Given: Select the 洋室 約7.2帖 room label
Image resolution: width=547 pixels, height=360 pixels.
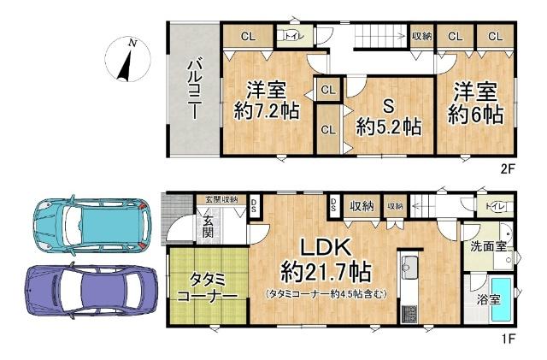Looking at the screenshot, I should [x=267, y=101].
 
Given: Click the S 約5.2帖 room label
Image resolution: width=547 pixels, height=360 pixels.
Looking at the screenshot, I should [x=387, y=117].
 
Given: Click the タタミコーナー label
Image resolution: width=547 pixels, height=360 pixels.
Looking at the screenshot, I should [x=208, y=288].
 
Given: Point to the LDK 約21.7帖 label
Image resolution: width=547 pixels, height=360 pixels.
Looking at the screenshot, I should [x=325, y=261].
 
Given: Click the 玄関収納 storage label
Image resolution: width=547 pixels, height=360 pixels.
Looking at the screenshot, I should [x=220, y=199].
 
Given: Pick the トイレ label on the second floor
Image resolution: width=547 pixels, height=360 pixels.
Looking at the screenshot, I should [x=291, y=36].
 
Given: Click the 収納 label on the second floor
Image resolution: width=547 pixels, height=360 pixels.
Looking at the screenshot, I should [x=421, y=36].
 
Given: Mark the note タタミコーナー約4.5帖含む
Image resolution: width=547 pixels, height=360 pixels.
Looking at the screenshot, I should [x=325, y=294].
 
